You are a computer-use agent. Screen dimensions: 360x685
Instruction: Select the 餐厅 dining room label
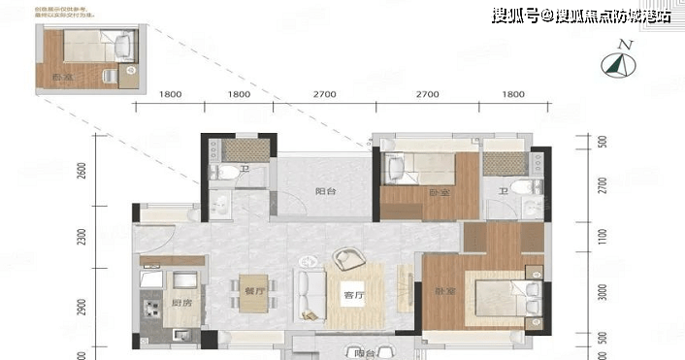point(255,288)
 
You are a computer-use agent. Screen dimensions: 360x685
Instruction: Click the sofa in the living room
point(310,296)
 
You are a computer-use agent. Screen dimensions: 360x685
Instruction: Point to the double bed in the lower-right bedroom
point(504,297)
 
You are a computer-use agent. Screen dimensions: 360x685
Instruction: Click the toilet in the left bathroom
point(223,174)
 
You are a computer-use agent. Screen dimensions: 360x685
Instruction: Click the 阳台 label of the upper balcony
point(325,191)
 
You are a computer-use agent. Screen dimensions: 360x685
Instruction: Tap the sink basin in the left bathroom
point(220,203)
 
